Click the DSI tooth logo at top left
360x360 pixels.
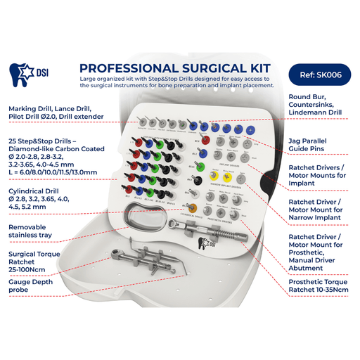(x=21, y=73)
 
